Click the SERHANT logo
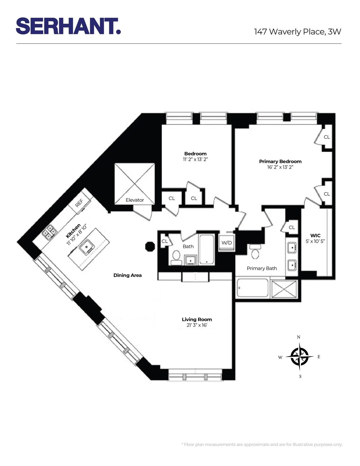click(x=68, y=26)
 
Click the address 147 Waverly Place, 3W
click(x=297, y=32)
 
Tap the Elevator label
click(x=135, y=200)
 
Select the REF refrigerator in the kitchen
click(x=79, y=203)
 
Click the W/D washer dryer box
click(x=226, y=243)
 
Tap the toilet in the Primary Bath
click(x=255, y=252)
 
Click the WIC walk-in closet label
click(x=315, y=236)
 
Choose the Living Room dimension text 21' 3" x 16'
click(x=197, y=325)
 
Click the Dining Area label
click(x=127, y=275)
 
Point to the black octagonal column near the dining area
click(x=150, y=246)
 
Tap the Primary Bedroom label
click(x=280, y=161)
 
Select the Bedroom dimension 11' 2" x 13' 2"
click(x=195, y=159)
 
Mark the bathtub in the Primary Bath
click(x=253, y=288)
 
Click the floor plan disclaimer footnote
click(x=262, y=444)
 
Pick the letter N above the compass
click(x=298, y=337)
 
